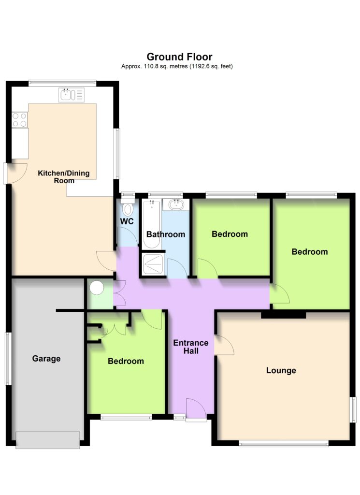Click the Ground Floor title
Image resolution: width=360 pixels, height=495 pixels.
[179, 57]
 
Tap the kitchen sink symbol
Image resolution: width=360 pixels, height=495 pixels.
[72, 95]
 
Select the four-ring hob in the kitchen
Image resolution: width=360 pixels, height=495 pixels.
[19, 120]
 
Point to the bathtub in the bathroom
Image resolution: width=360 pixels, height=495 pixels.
[152, 224]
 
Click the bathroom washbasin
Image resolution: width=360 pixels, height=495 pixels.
[176, 204]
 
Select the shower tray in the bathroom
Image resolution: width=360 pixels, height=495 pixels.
[153, 264]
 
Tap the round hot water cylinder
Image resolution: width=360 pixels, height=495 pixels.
[97, 288]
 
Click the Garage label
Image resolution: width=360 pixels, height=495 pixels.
[46, 359]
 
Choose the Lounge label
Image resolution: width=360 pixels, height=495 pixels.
[281, 370]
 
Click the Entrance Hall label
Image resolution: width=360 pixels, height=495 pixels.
[191, 347]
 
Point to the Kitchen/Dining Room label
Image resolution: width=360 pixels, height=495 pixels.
[64, 177]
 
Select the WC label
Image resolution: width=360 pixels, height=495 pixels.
[127, 221]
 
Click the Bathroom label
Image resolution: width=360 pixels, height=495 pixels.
[166, 234]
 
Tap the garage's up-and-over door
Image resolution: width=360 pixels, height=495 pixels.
[48, 440]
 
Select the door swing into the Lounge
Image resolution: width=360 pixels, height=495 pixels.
[224, 345]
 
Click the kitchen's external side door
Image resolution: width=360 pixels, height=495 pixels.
[15, 173]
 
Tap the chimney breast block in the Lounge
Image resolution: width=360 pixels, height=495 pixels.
[283, 315]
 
